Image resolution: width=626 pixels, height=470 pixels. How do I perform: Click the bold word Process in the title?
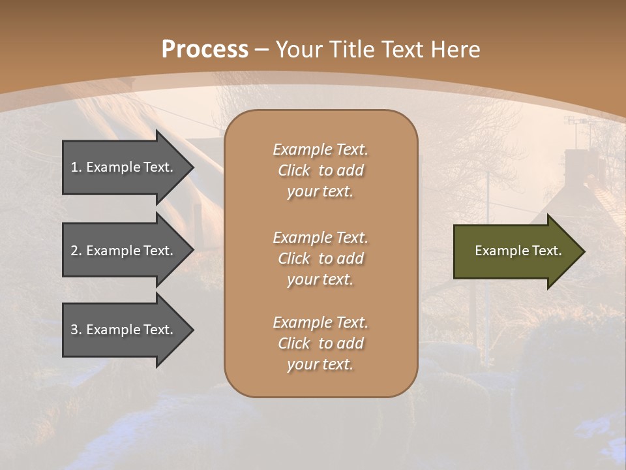coord(205,49)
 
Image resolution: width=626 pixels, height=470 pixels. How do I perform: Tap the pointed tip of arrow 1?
coord(192,167)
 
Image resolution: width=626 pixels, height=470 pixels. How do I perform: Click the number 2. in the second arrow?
coord(76,251)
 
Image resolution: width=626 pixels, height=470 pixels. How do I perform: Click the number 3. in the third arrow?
coord(76,330)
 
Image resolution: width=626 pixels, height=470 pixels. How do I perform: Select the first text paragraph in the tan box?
coord(320,170)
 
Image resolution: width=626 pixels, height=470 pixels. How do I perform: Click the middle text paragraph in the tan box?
coord(320,258)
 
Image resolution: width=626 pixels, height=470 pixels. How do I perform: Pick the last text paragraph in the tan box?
coord(320,343)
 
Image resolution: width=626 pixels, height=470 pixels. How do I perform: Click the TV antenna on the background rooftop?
coord(576,122)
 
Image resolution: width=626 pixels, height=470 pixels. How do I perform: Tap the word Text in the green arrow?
coord(548,251)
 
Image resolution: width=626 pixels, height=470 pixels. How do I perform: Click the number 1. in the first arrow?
coord(76,167)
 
